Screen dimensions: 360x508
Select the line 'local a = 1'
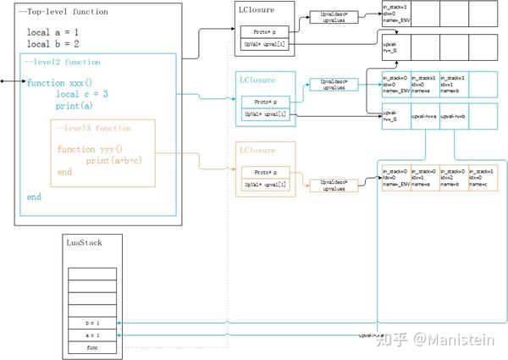[52, 31]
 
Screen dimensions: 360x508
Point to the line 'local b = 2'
[52, 43]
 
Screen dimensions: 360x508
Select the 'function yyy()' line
[90, 150]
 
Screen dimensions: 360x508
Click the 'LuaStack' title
[83, 243]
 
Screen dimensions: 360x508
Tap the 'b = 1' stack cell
[92, 324]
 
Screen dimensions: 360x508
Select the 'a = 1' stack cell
[92, 335]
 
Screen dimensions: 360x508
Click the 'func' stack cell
[92, 346]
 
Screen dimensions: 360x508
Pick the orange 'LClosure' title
[257, 150]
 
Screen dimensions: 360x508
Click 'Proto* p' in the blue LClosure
[264, 102]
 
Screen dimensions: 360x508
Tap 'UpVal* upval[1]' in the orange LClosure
[264, 184]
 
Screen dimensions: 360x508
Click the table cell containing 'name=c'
[480, 177]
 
